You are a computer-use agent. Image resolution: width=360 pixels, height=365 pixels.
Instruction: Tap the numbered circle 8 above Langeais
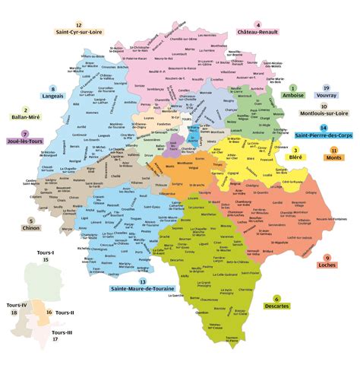point(52,88)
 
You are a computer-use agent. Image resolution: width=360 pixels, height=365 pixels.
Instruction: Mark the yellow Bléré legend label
point(295,160)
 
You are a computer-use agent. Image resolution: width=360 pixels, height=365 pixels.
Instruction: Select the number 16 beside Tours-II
point(49,313)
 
